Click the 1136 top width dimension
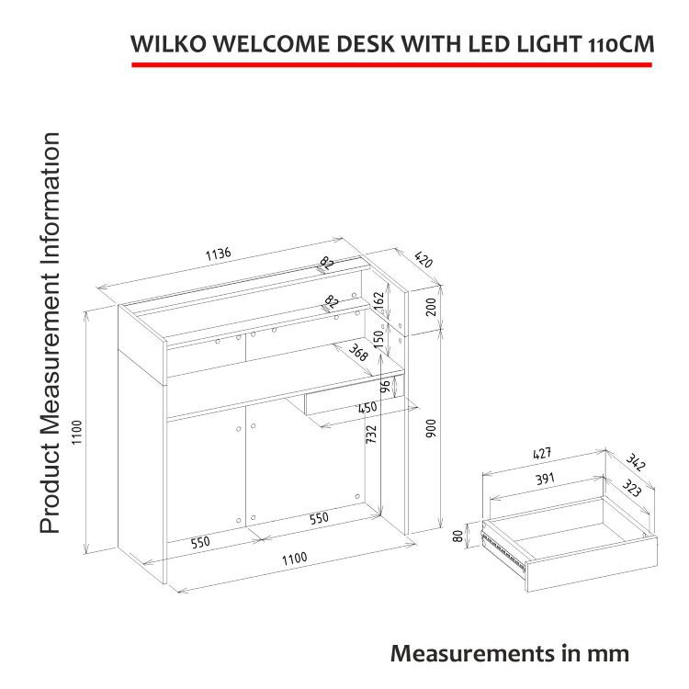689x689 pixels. point(218,254)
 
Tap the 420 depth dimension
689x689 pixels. point(424,259)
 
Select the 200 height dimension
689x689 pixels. point(432,307)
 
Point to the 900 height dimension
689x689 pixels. point(431,428)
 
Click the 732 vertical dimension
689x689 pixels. point(371,434)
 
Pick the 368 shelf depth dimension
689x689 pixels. point(358,352)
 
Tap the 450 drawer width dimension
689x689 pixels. point(367,407)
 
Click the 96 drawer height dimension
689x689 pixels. point(385,387)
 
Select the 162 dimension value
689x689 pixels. point(378,301)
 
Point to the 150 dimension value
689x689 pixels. point(378,339)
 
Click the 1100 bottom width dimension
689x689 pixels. point(294,559)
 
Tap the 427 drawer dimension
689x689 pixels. point(542,454)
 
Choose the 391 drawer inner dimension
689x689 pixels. point(545,479)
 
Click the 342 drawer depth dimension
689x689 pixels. point(636,462)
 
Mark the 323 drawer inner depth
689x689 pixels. point(631,488)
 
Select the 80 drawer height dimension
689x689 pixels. point(457,537)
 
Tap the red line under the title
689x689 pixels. point(392,65)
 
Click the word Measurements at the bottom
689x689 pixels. point(472,653)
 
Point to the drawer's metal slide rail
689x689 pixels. point(503,551)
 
